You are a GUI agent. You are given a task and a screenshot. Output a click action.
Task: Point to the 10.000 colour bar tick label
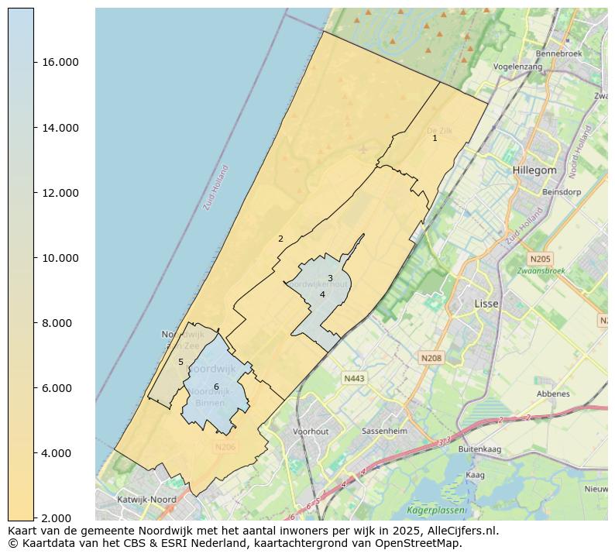[60, 258]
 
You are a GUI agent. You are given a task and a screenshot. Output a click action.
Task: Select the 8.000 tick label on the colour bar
[60, 323]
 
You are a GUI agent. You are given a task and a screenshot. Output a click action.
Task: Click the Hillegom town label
[534, 170]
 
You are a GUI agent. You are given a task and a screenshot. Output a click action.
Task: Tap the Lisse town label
[486, 304]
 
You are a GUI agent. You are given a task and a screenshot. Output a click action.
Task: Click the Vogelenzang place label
[517, 67]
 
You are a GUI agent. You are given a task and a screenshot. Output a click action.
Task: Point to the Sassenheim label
[385, 432]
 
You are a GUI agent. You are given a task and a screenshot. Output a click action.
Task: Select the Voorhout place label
[311, 432]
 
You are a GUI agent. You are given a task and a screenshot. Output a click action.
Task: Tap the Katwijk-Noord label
[146, 500]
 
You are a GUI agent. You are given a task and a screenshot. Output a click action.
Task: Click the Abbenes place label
[553, 394]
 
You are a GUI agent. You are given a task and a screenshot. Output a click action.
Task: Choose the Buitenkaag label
[479, 449]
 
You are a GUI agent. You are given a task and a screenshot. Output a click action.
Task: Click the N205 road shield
[540, 259]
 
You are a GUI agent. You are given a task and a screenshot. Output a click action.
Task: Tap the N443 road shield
[353, 378]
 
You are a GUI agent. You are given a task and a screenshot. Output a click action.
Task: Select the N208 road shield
[431, 358]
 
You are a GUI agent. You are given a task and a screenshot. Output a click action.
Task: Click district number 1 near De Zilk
[435, 138]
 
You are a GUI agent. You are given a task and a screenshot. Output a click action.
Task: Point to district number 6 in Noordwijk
[216, 387]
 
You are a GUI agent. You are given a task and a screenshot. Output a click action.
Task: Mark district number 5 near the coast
[180, 362]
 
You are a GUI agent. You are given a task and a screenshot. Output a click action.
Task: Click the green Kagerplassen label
[437, 511]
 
